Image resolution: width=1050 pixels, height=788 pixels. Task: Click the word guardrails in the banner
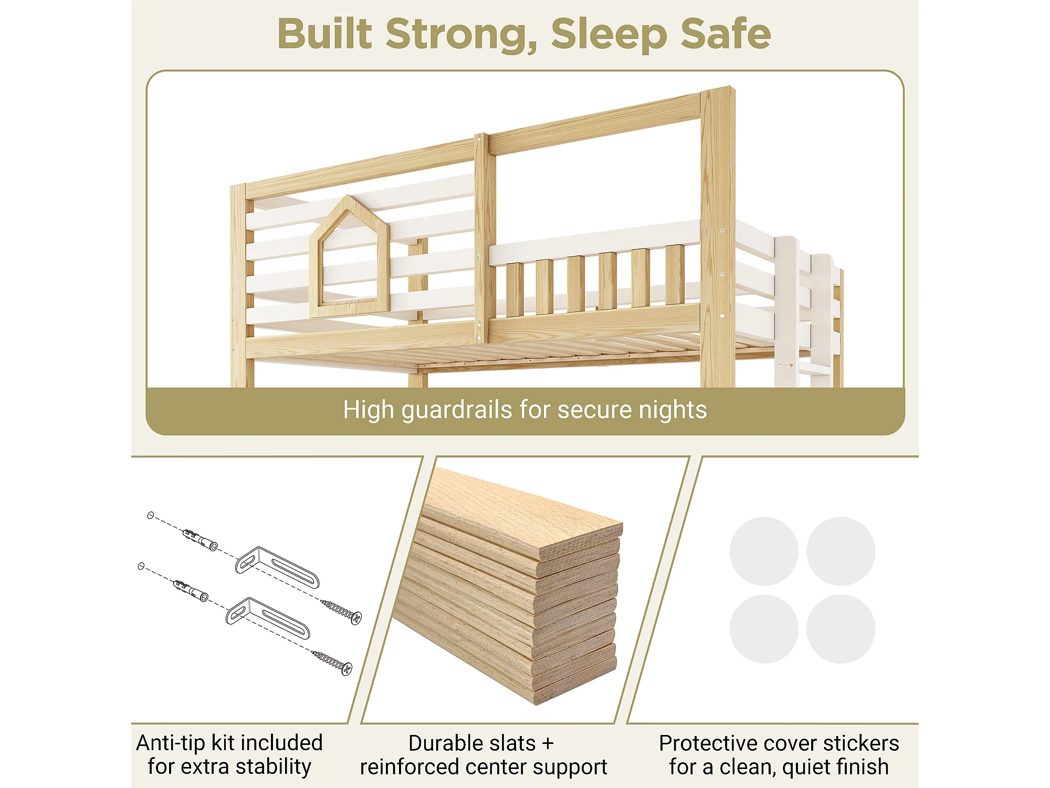pos(457,410)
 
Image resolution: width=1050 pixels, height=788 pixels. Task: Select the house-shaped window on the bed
pos(350,257)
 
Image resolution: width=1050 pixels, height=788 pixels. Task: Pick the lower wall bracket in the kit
pos(268,618)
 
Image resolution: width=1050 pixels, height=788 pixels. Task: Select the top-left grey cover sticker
pos(764,551)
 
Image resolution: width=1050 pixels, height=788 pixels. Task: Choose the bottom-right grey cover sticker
pos(841,629)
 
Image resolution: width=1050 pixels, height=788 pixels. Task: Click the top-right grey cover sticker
pos(841,551)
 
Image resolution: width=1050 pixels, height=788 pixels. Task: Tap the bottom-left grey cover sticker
pos(764,629)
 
